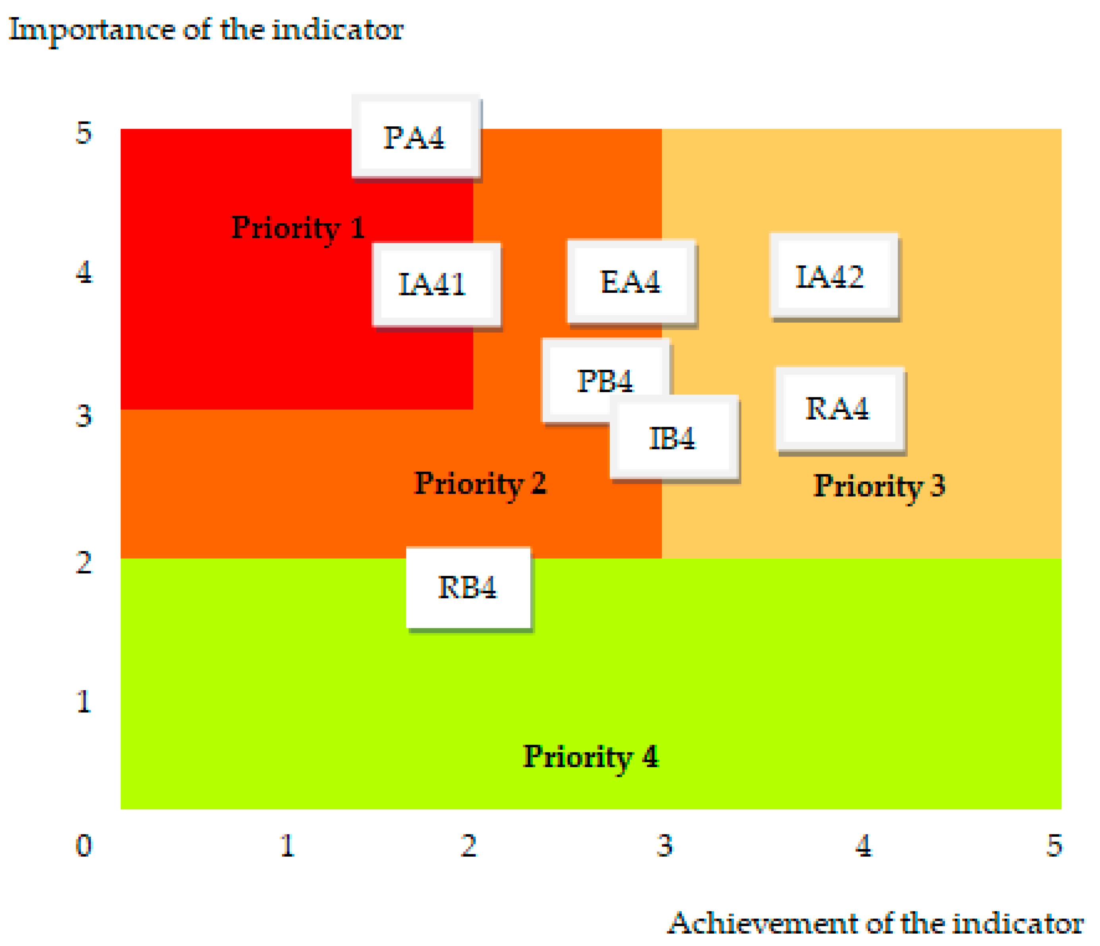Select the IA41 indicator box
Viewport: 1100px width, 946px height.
(437, 284)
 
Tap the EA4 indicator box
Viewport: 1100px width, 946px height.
(631, 281)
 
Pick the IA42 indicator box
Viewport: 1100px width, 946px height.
(834, 276)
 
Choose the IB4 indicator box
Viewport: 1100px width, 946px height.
(674, 438)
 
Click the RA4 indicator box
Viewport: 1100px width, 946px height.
(840, 409)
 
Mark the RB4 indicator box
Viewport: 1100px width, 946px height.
(468, 588)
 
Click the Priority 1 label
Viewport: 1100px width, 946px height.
(298, 228)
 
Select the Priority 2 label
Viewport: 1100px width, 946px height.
(480, 484)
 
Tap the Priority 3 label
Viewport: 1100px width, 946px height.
(879, 486)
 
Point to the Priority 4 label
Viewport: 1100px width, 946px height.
(591, 756)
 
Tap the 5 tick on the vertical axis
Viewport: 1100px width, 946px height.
(84, 132)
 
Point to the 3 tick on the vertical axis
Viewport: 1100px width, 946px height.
(84, 416)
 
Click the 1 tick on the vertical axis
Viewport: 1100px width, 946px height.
(84, 701)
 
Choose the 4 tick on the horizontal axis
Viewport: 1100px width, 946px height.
(864, 845)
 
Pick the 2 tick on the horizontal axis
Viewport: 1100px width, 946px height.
(469, 845)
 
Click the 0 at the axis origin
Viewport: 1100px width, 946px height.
(84, 845)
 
